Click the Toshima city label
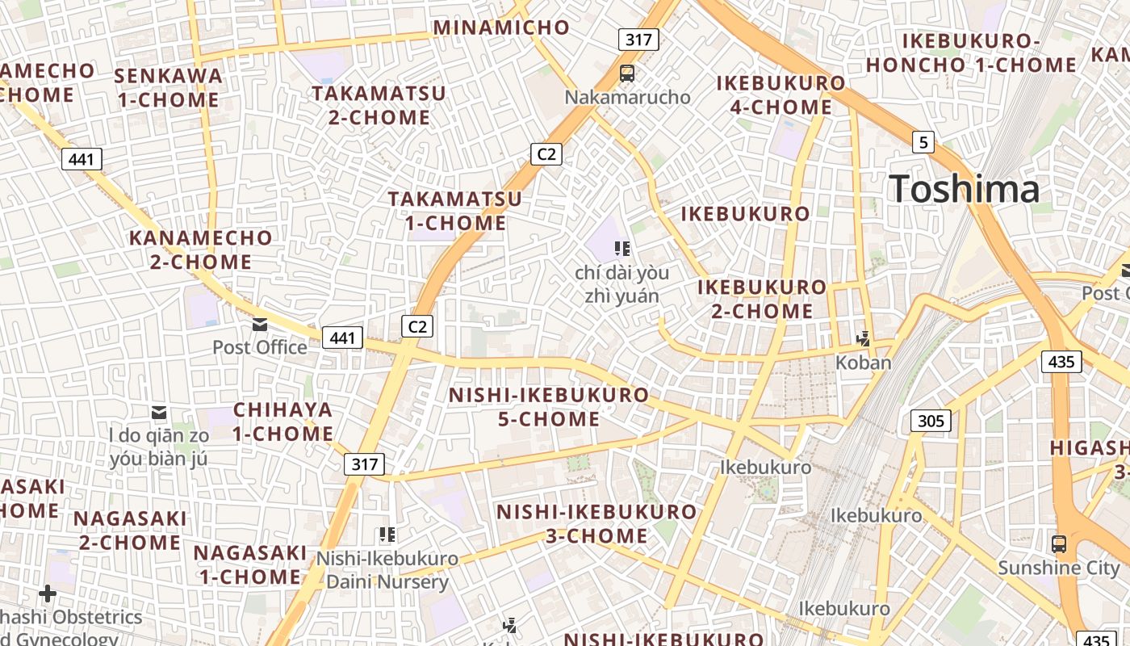pos(965,189)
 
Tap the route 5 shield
pos(924,143)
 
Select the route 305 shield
pos(931,421)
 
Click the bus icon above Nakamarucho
pos(627,73)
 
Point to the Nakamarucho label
pos(627,98)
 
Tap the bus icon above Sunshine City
pos(1059,543)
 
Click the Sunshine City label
pos(1059,568)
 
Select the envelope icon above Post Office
pos(260,325)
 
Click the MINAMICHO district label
pos(501,27)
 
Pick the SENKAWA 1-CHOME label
pos(168,88)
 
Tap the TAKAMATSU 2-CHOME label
pos(379,105)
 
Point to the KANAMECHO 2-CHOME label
pos(201,250)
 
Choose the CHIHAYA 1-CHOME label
pos(282,422)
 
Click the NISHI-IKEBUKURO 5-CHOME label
pos(548,407)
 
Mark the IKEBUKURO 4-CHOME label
pos(781,95)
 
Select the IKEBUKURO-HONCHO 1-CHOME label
pos(971,52)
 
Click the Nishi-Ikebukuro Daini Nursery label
pos(387,570)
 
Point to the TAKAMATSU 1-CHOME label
pos(455,210)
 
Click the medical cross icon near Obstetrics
pos(48,594)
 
